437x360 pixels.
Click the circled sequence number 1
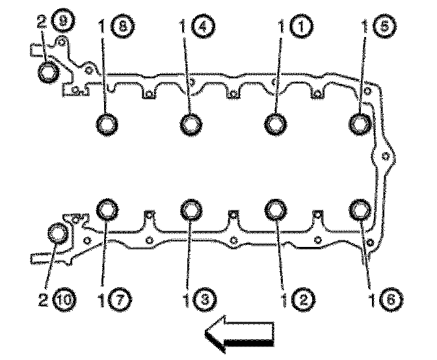click(x=300, y=27)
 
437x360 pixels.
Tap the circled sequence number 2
click(x=300, y=300)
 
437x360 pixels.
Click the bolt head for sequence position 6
click(x=360, y=210)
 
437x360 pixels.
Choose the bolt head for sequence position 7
click(x=108, y=209)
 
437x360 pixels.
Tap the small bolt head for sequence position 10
click(x=58, y=233)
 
